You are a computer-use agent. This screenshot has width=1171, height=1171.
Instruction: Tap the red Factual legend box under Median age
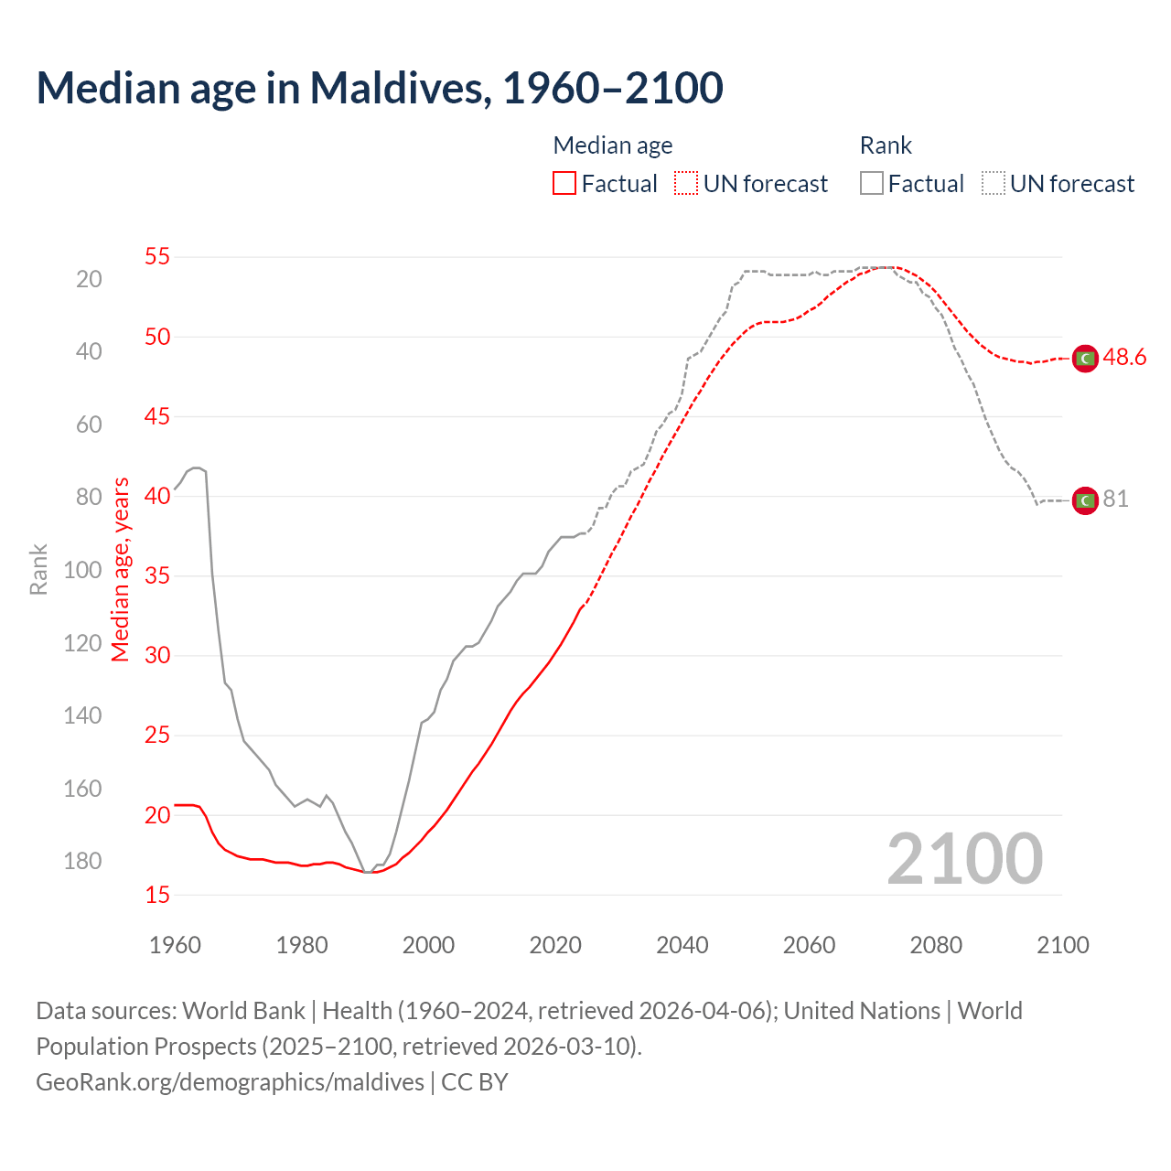564,183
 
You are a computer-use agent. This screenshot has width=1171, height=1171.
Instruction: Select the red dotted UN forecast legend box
686,183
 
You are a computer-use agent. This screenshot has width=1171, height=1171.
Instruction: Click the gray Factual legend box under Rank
872,183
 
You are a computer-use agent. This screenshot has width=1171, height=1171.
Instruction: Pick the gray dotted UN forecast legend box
994,183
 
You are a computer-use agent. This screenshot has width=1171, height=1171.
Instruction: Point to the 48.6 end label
1124,358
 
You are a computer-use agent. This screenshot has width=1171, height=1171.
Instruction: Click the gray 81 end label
1115,500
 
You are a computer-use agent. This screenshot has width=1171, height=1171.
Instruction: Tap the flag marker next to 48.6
1085,359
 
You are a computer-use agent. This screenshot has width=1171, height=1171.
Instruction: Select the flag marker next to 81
1085,500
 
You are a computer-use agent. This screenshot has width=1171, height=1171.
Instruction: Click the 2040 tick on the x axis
682,945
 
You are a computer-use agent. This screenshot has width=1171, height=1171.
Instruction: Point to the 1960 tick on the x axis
175,945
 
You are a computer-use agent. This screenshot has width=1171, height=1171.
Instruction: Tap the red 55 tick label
157,256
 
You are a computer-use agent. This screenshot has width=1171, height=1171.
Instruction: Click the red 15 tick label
157,895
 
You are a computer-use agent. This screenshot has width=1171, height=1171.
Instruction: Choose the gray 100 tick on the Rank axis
82,570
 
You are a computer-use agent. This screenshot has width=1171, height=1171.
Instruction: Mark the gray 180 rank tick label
82,861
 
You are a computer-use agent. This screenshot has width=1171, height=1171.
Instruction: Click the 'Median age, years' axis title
121,569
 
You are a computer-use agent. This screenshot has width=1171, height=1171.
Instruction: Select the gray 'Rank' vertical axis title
38,569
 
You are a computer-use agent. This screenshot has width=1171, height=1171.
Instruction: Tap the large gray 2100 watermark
964,858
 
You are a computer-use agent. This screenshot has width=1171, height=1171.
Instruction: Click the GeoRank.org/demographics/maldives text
231,1082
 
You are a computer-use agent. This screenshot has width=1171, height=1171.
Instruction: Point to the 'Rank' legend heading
886,145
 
